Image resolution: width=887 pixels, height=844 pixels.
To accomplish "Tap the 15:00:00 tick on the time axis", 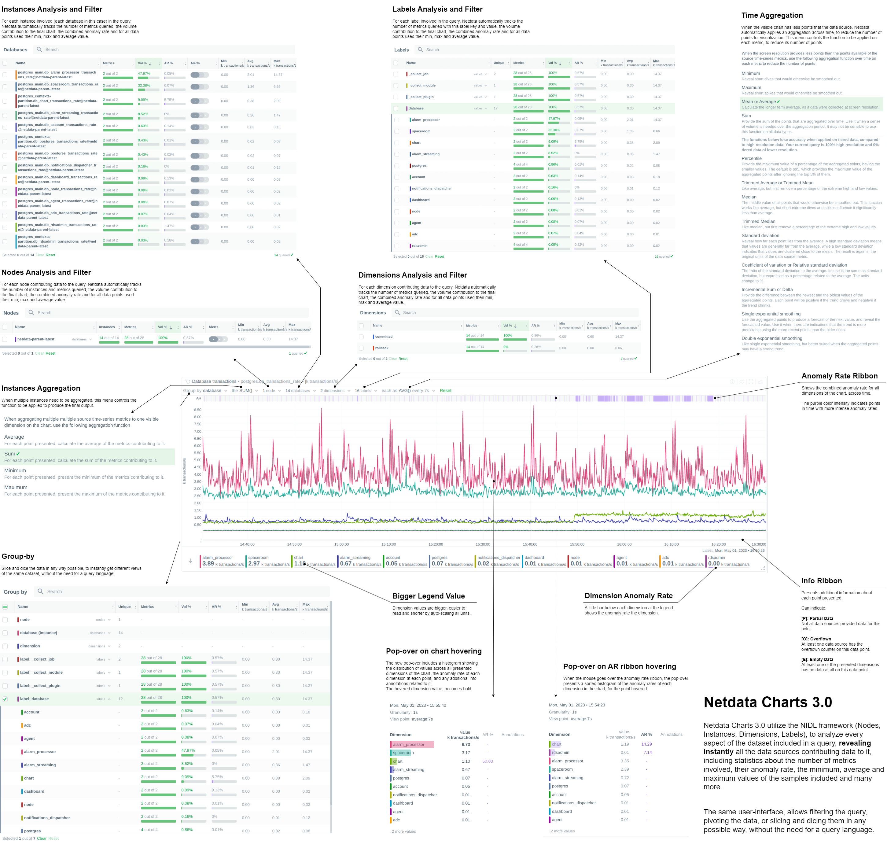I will tap(341, 544).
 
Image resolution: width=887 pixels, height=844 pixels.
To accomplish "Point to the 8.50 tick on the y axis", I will tap(197, 410).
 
